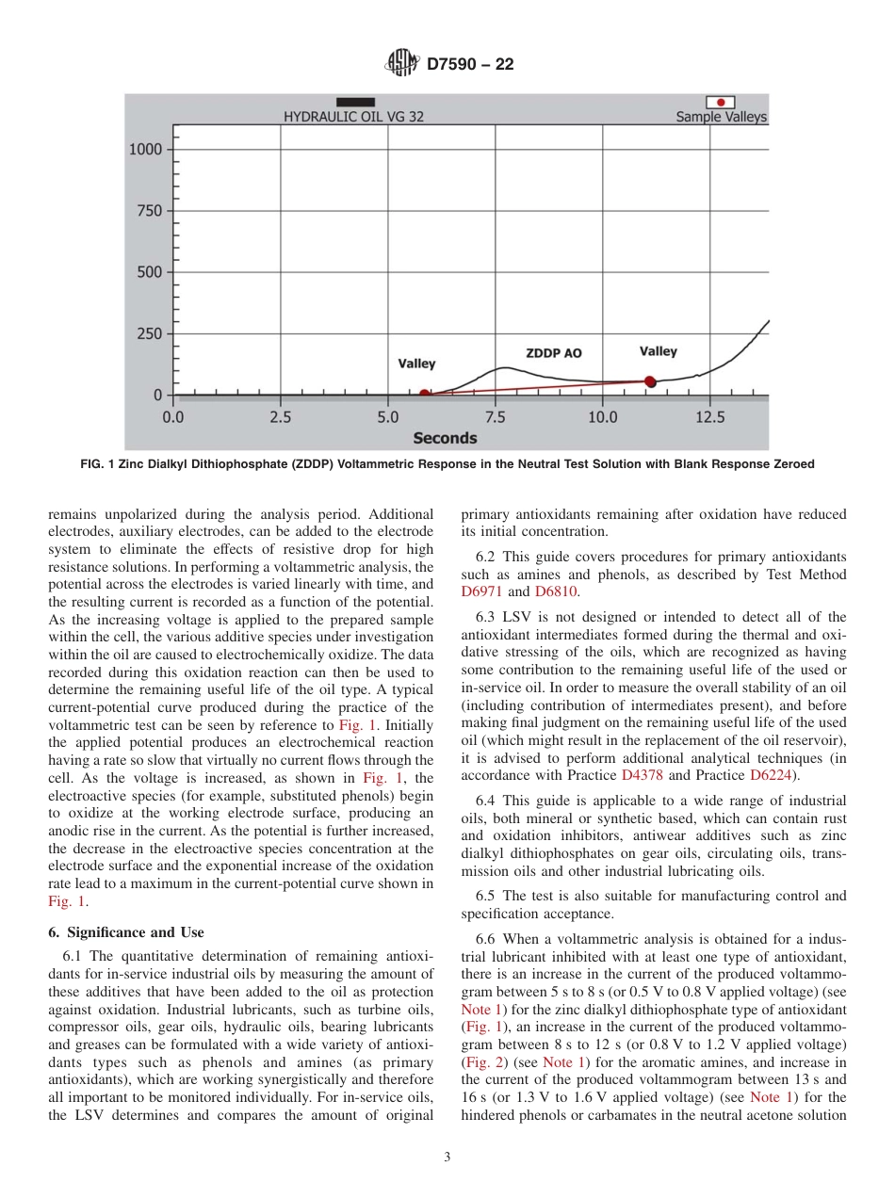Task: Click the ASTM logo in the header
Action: click(x=402, y=65)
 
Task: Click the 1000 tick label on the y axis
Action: click(x=145, y=149)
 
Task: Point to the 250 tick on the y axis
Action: click(x=149, y=333)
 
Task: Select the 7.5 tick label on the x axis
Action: click(x=496, y=416)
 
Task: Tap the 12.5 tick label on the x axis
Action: click(x=709, y=416)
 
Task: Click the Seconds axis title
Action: click(x=445, y=438)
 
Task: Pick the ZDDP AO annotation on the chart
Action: click(x=553, y=353)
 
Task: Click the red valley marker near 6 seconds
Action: click(x=425, y=395)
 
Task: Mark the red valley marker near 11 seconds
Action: click(x=650, y=381)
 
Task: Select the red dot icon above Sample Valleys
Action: click(x=721, y=102)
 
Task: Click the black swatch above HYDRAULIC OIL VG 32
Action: click(x=355, y=102)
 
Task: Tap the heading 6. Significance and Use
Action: click(x=125, y=932)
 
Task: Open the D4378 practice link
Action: click(x=643, y=775)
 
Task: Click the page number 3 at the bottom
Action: click(x=447, y=1158)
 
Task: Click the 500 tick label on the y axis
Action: click(x=149, y=272)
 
